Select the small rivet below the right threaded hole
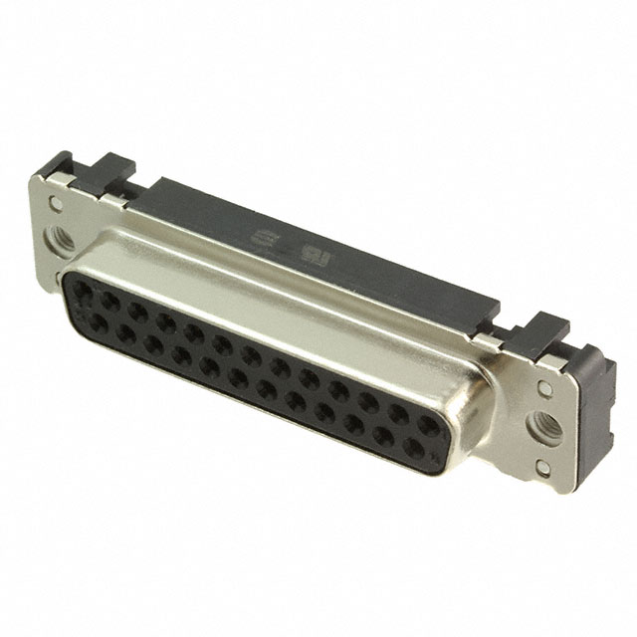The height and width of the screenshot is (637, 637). click(542, 466)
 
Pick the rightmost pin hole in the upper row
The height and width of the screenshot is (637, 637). click(428, 427)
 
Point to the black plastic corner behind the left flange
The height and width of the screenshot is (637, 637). click(56, 164)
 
